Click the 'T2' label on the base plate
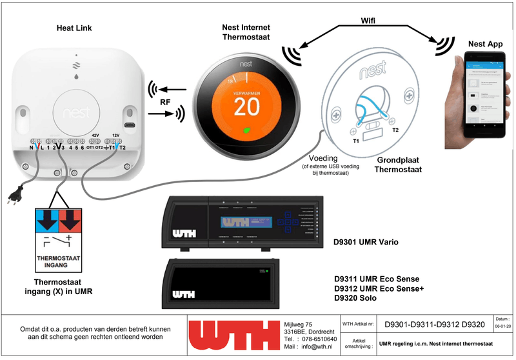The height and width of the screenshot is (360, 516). pyautogui.click(x=396, y=131)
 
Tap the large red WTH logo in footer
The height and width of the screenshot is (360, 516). pyautogui.click(x=234, y=336)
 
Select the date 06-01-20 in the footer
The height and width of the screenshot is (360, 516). pyautogui.click(x=502, y=328)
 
